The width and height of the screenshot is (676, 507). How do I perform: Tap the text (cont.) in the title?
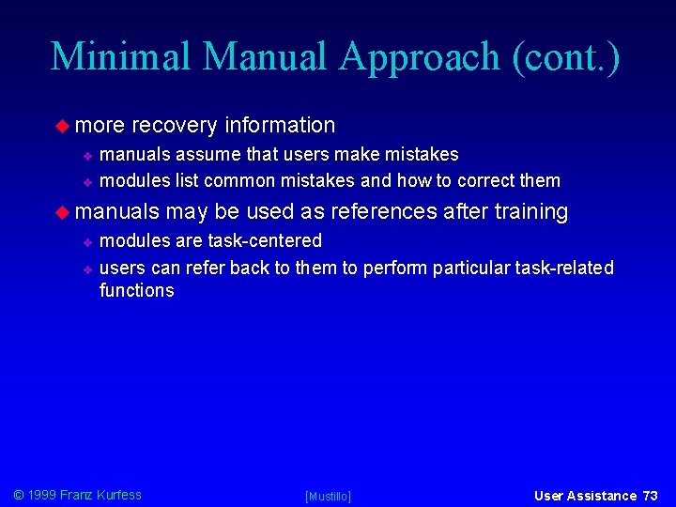pyautogui.click(x=566, y=56)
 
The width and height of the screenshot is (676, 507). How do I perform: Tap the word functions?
pyautogui.click(x=137, y=290)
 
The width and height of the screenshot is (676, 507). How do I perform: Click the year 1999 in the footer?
pyautogui.click(x=41, y=495)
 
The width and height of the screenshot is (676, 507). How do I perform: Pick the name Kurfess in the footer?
pyautogui.click(x=118, y=495)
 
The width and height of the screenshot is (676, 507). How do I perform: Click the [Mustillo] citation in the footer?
pyautogui.click(x=328, y=496)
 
